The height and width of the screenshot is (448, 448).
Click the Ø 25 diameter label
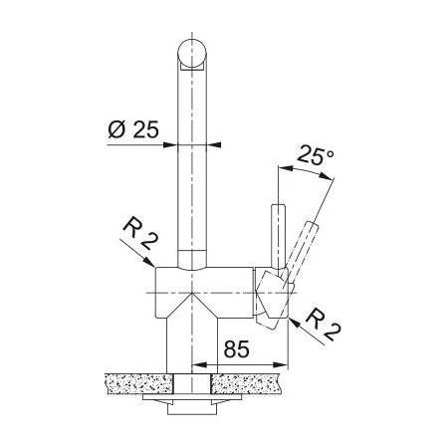point(133,129)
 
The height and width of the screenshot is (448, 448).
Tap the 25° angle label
point(315,155)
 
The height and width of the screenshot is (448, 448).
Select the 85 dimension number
point(236,348)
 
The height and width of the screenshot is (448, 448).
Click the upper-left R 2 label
point(139,233)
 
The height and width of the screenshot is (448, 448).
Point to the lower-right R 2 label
point(324,325)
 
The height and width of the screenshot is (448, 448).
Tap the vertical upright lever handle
point(278,237)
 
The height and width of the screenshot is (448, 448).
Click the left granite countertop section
point(139,384)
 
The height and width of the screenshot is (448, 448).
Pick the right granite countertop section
point(247,384)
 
